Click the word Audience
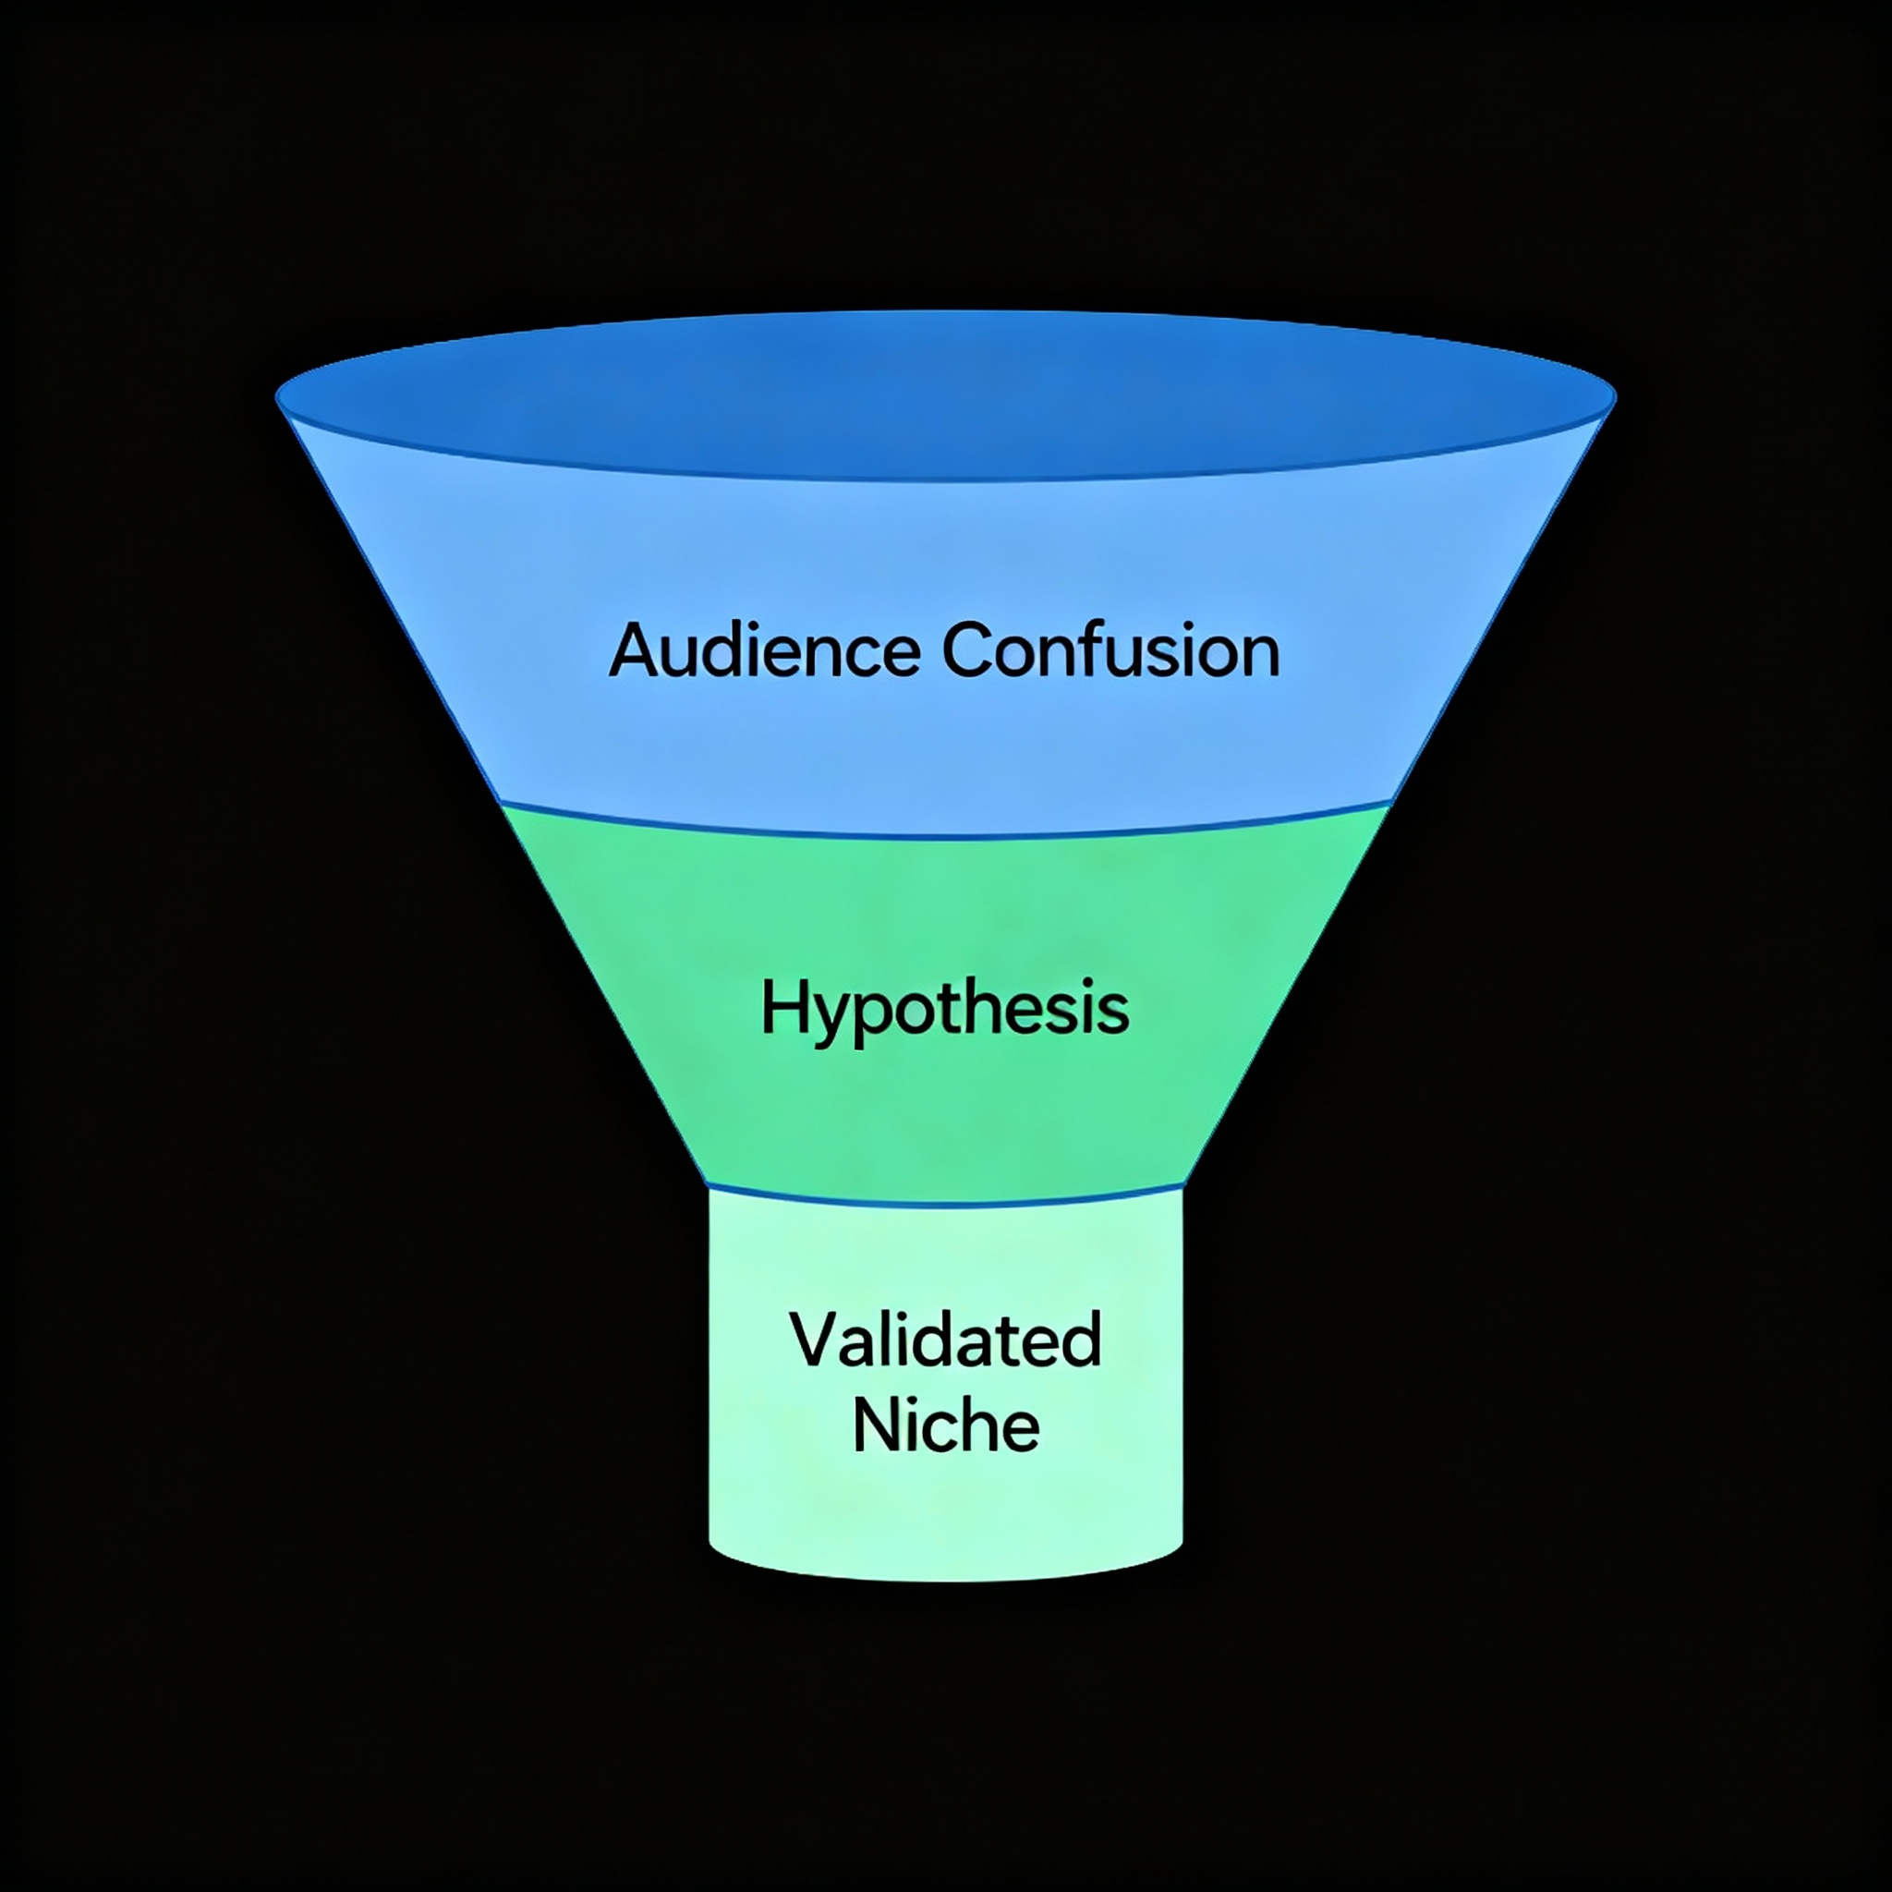tap(764, 650)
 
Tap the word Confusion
tap(1110, 650)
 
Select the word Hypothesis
tap(945, 1010)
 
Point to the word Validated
tap(945, 1340)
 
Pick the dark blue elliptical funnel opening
tap(945, 396)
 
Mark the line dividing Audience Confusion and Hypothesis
tap(945, 836)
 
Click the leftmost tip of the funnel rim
tap(278, 396)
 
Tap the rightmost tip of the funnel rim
tap(1614, 396)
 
